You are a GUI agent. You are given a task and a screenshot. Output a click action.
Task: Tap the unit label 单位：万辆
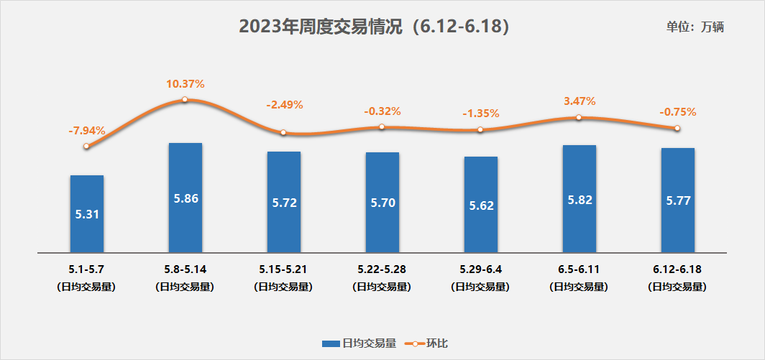[695, 27]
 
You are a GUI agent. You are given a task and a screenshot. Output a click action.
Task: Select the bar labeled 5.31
[87, 213]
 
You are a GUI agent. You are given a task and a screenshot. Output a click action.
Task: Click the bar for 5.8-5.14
[185, 198]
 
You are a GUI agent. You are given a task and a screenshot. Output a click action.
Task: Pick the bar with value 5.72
[284, 202]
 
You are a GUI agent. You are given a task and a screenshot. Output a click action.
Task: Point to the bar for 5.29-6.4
[481, 205]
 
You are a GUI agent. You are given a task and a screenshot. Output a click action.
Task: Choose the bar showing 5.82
[580, 199]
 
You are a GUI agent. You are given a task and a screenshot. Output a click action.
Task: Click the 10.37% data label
[185, 84]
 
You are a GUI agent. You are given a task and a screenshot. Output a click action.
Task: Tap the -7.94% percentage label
[87, 131]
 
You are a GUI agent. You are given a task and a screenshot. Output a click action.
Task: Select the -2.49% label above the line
[285, 105]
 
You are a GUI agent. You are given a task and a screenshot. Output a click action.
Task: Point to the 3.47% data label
[580, 101]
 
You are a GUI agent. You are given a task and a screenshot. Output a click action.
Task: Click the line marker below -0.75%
[677, 129]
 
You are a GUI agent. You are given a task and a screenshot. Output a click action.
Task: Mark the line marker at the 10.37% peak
[185, 99]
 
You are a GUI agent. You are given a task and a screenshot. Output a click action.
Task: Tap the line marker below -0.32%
[382, 127]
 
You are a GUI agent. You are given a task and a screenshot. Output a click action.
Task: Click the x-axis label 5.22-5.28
[382, 270]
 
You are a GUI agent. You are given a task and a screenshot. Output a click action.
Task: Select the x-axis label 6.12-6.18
[677, 270]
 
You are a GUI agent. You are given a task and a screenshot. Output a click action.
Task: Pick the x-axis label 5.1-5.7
[87, 270]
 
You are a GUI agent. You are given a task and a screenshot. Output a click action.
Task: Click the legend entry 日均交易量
[359, 343]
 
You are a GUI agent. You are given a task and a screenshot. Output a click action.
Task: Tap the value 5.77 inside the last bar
[678, 200]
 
